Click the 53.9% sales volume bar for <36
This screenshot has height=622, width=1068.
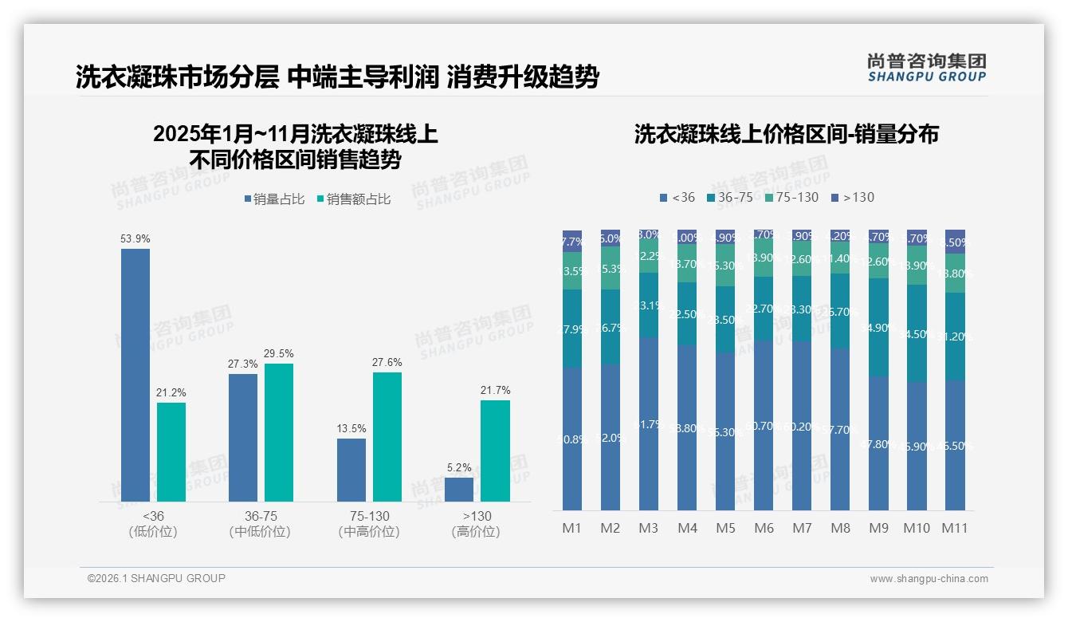tap(135, 375)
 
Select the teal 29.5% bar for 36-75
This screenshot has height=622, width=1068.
tap(279, 432)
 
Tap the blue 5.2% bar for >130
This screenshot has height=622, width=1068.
tap(459, 489)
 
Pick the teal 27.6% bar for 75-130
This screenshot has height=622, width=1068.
tap(387, 436)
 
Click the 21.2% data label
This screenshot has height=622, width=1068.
tap(171, 392)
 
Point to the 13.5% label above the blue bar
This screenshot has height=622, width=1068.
tap(351, 428)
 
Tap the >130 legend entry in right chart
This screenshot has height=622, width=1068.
tap(852, 197)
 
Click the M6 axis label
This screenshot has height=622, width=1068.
tap(764, 528)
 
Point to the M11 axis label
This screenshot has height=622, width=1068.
tap(954, 528)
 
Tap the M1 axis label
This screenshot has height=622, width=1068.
tap(572, 528)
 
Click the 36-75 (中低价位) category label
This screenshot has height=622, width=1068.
tap(260, 524)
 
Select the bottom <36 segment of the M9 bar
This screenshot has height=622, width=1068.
tap(878, 443)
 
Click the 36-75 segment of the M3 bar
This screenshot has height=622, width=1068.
tap(649, 305)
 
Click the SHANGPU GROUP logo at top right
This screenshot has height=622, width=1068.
tap(926, 68)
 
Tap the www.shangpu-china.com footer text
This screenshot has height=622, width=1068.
tap(929, 579)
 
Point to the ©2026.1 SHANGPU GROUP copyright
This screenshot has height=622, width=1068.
tap(156, 578)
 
